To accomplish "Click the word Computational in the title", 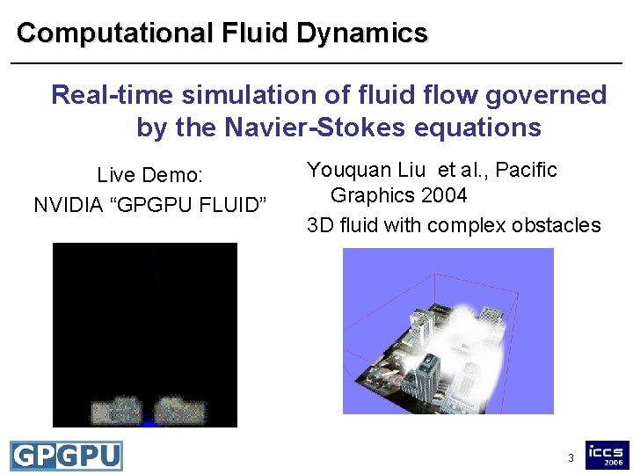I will [114, 33].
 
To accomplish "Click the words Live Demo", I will [150, 174].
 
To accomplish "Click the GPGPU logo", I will [66, 456].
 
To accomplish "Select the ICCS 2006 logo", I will [608, 455].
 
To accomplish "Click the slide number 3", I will [571, 458].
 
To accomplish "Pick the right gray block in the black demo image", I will [180, 410].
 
